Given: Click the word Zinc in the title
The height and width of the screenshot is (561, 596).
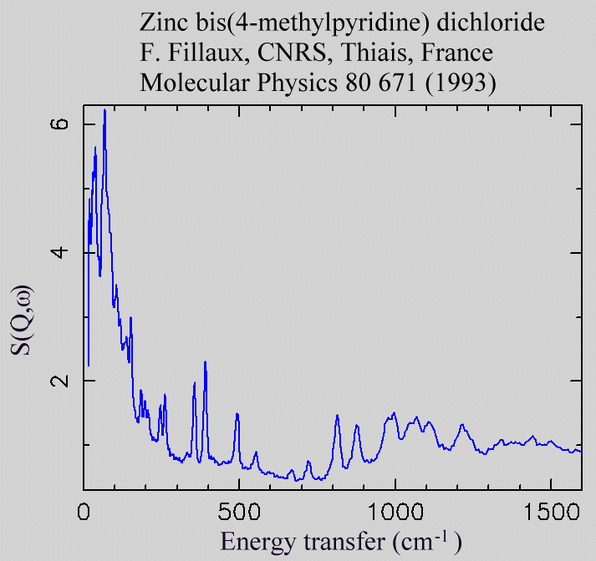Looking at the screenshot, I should [x=162, y=23].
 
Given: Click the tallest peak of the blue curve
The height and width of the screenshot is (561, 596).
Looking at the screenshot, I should [x=104, y=111].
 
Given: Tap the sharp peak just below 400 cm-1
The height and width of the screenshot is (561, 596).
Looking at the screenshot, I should [x=205, y=362].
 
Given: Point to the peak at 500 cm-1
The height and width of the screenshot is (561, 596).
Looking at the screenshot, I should [x=237, y=414].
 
